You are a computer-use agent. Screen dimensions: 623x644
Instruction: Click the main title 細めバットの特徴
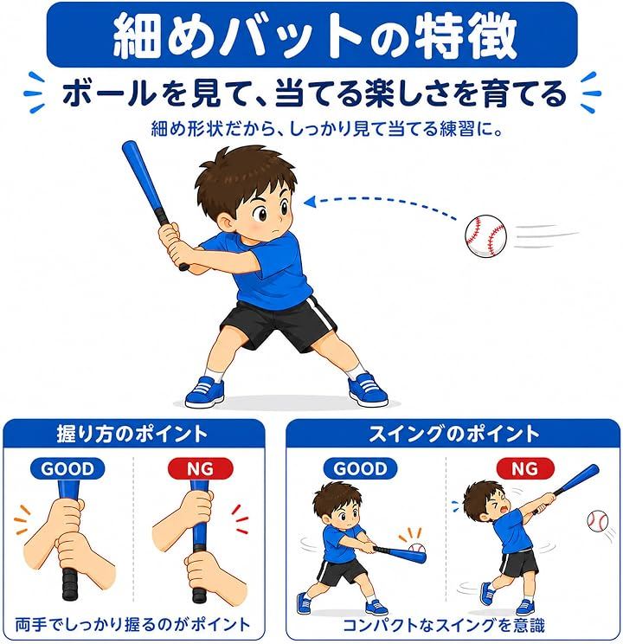click(x=314, y=36)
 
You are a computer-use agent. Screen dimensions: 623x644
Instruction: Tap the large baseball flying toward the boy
click(x=485, y=235)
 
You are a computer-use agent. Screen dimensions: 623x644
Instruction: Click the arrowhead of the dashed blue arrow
click(x=309, y=202)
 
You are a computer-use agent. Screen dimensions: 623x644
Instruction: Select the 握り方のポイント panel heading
click(x=132, y=435)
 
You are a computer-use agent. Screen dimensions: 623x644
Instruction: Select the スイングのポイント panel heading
click(x=453, y=435)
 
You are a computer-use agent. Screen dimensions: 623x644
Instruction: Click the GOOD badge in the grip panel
click(x=67, y=468)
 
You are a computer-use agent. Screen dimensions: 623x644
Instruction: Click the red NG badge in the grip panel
click(x=200, y=468)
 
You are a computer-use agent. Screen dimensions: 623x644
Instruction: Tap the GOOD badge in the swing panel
click(x=360, y=468)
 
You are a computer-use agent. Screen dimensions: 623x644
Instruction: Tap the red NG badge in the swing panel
click(x=525, y=468)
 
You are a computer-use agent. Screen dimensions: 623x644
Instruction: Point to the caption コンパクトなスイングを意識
click(x=444, y=625)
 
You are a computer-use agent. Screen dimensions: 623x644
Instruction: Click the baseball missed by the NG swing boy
click(x=598, y=520)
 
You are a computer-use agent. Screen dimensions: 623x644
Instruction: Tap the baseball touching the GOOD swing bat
click(x=417, y=549)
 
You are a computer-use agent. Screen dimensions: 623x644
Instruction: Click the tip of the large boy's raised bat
click(x=129, y=145)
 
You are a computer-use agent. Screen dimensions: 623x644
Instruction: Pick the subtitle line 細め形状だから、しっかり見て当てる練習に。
click(x=327, y=129)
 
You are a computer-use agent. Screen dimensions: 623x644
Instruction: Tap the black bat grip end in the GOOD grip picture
click(x=70, y=584)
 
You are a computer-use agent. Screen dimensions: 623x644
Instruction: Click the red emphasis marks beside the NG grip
click(x=241, y=519)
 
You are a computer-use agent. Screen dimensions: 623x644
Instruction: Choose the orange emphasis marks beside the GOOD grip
click(x=22, y=519)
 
